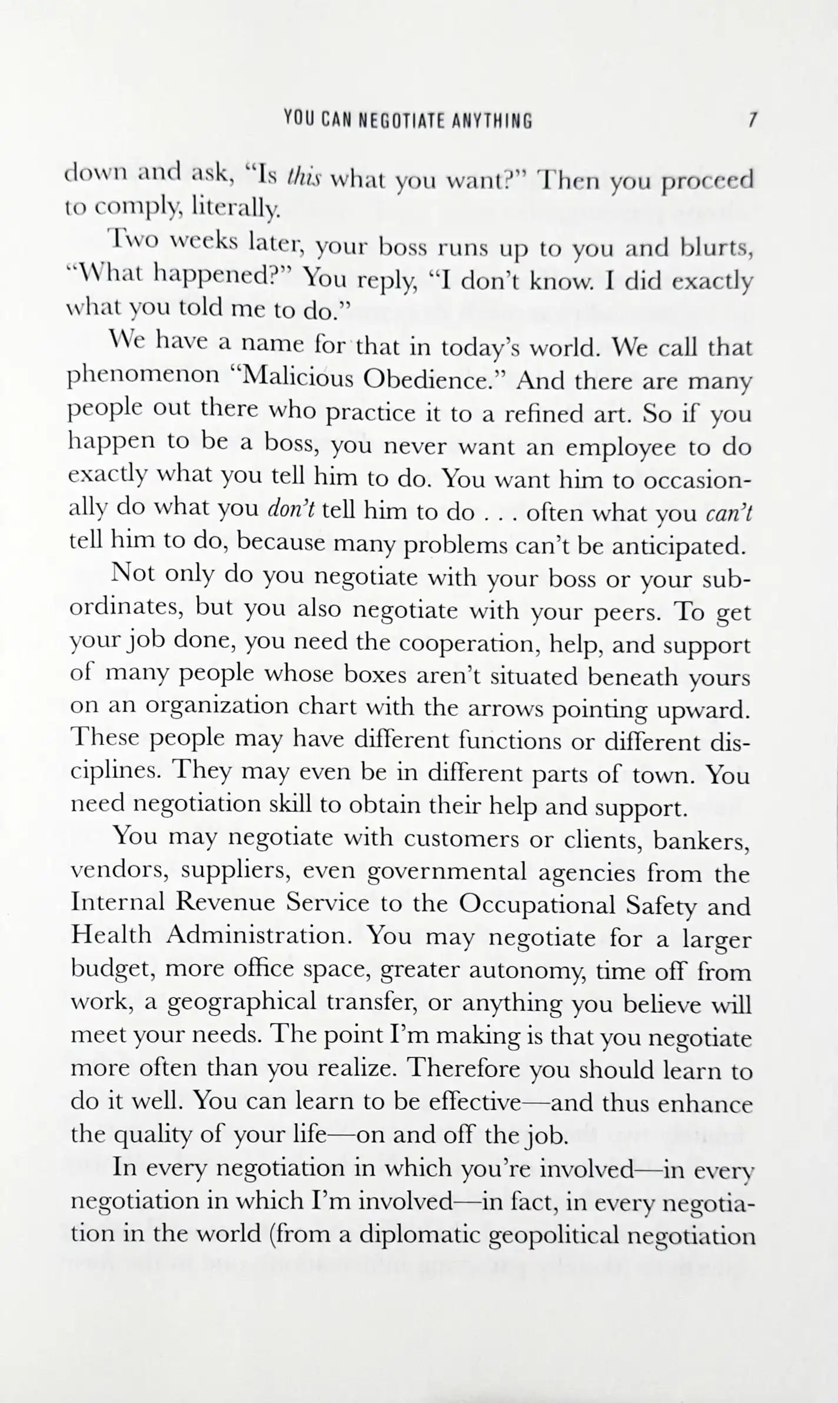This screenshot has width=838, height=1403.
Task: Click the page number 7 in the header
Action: coord(751,120)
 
